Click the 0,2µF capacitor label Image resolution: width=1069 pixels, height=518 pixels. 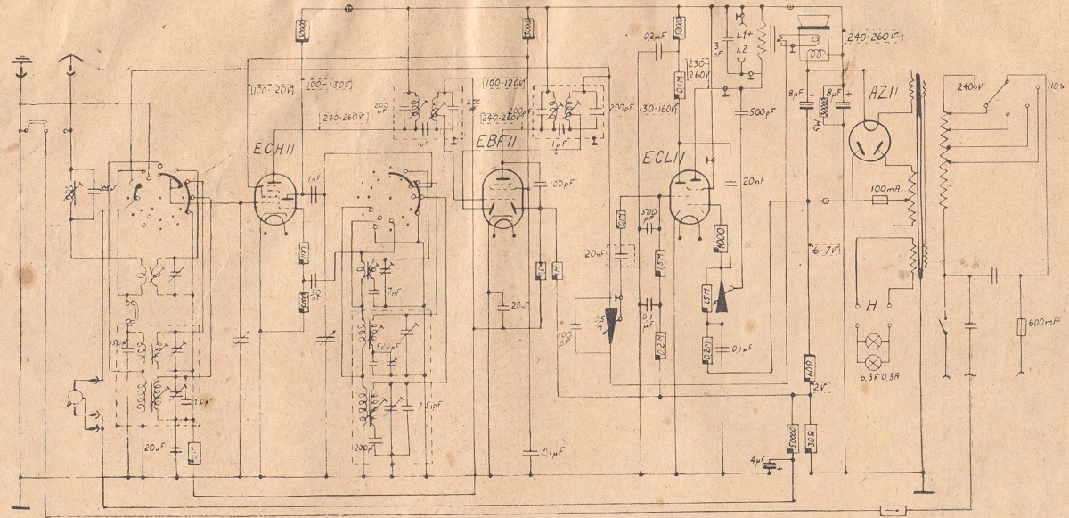click(655, 37)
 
